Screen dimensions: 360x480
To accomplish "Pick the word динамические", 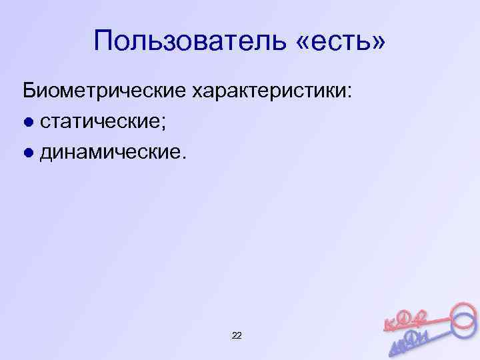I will tap(107, 153).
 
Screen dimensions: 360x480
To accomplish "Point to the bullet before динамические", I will tap(27, 153).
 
